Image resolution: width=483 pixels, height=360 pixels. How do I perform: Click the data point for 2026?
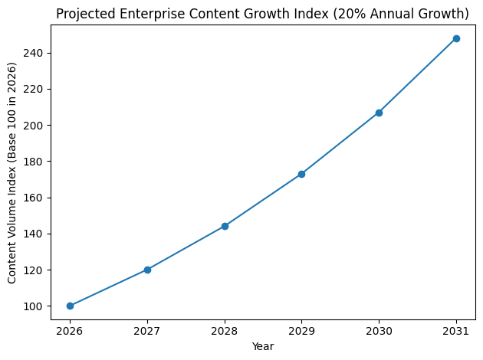pyautogui.click(x=70, y=306)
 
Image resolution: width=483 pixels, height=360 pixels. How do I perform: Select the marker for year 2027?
pyautogui.click(x=147, y=270)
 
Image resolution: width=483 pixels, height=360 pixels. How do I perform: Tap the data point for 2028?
pyautogui.click(x=225, y=226)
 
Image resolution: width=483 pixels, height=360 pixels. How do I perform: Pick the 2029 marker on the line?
pyautogui.click(x=301, y=174)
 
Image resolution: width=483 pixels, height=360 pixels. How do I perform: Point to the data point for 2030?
pyautogui.click(x=379, y=113)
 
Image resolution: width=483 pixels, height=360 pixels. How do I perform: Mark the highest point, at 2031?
pyautogui.click(x=456, y=38)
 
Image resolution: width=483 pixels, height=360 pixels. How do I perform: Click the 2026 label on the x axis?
pyautogui.click(x=70, y=330)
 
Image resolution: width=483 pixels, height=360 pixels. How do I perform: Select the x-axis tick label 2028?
pyautogui.click(x=225, y=330)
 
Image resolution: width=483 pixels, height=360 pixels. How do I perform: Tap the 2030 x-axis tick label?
pyautogui.click(x=379, y=330)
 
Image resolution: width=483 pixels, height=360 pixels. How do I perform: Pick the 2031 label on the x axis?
pyautogui.click(x=456, y=330)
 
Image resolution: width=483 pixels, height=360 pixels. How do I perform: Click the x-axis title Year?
pyautogui.click(x=263, y=346)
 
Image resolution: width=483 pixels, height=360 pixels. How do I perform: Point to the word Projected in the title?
pyautogui.click(x=83, y=14)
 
